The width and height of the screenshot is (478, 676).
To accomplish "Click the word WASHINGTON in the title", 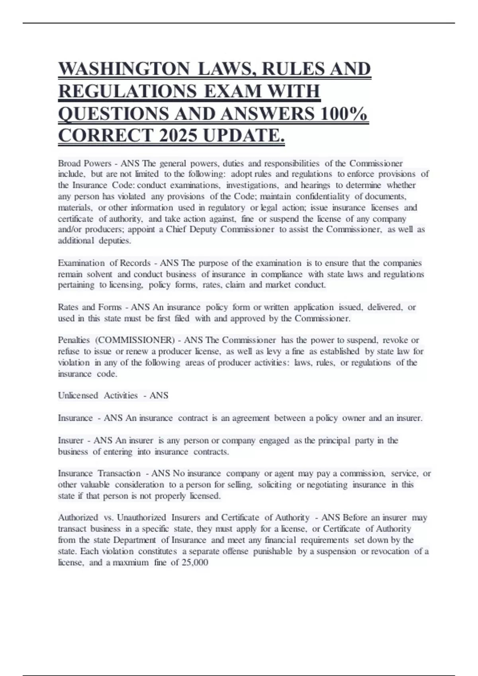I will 124,69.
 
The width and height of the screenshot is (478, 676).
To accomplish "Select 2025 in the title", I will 178,136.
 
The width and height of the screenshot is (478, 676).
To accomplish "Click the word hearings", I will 315,185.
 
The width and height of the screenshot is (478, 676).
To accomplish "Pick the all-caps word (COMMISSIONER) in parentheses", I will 135,340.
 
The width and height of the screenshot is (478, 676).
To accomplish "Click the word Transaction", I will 119,474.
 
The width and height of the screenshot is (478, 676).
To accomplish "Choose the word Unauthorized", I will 141,518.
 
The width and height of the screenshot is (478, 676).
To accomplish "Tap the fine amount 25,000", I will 195,563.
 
